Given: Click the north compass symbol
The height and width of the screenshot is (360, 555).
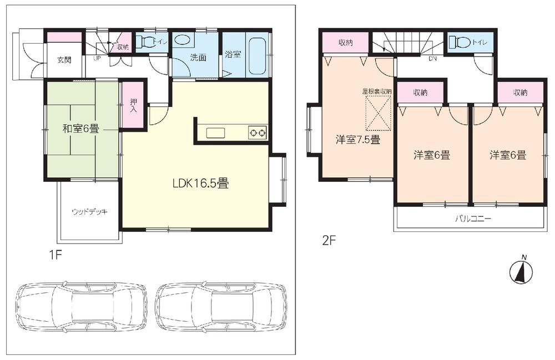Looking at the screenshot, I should click(x=522, y=270).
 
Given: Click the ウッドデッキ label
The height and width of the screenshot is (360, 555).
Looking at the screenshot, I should click(x=89, y=212).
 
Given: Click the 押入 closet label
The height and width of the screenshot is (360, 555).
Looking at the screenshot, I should click(x=134, y=105).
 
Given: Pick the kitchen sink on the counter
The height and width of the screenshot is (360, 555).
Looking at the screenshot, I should click(x=215, y=133).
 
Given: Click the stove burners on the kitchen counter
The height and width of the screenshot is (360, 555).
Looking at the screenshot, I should click(x=257, y=133).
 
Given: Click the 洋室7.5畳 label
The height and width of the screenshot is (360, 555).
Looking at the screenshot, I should click(x=357, y=140).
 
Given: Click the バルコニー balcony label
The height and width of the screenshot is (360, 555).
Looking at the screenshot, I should click(x=473, y=219).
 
